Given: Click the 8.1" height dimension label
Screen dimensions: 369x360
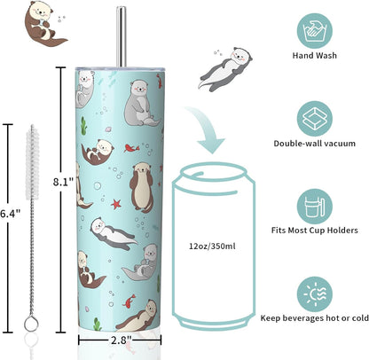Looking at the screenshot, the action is [x=63, y=182].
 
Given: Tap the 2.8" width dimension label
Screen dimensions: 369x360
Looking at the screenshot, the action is [x=121, y=340].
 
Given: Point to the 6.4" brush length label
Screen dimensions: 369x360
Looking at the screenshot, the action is [x=10, y=214].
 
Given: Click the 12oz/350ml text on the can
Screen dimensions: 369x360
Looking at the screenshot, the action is [x=212, y=246].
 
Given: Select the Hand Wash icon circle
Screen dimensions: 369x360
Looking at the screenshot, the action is [x=315, y=31].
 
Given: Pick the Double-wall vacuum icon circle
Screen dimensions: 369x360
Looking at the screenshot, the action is [x=315, y=119].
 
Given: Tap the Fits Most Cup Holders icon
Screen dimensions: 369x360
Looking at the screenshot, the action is [x=315, y=207].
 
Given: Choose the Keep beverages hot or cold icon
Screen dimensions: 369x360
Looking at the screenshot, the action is [x=315, y=294].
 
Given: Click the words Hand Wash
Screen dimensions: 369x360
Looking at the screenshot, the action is [x=315, y=56].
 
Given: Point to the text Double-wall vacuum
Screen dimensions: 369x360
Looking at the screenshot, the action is [x=315, y=144].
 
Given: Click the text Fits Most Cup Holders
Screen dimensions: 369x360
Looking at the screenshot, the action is [x=315, y=231].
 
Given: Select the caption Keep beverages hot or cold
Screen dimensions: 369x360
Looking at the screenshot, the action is [x=315, y=318].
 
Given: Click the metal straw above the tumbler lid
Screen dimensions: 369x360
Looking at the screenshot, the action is [x=121, y=36].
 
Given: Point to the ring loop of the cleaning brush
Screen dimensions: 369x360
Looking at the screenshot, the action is [x=31, y=324].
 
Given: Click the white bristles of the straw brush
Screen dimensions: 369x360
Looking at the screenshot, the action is [x=32, y=162].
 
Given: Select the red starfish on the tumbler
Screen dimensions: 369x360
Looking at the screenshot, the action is [x=116, y=203].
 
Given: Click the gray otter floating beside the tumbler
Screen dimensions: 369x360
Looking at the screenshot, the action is [x=225, y=69].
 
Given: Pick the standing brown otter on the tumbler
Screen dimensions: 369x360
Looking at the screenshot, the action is [x=142, y=188].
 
